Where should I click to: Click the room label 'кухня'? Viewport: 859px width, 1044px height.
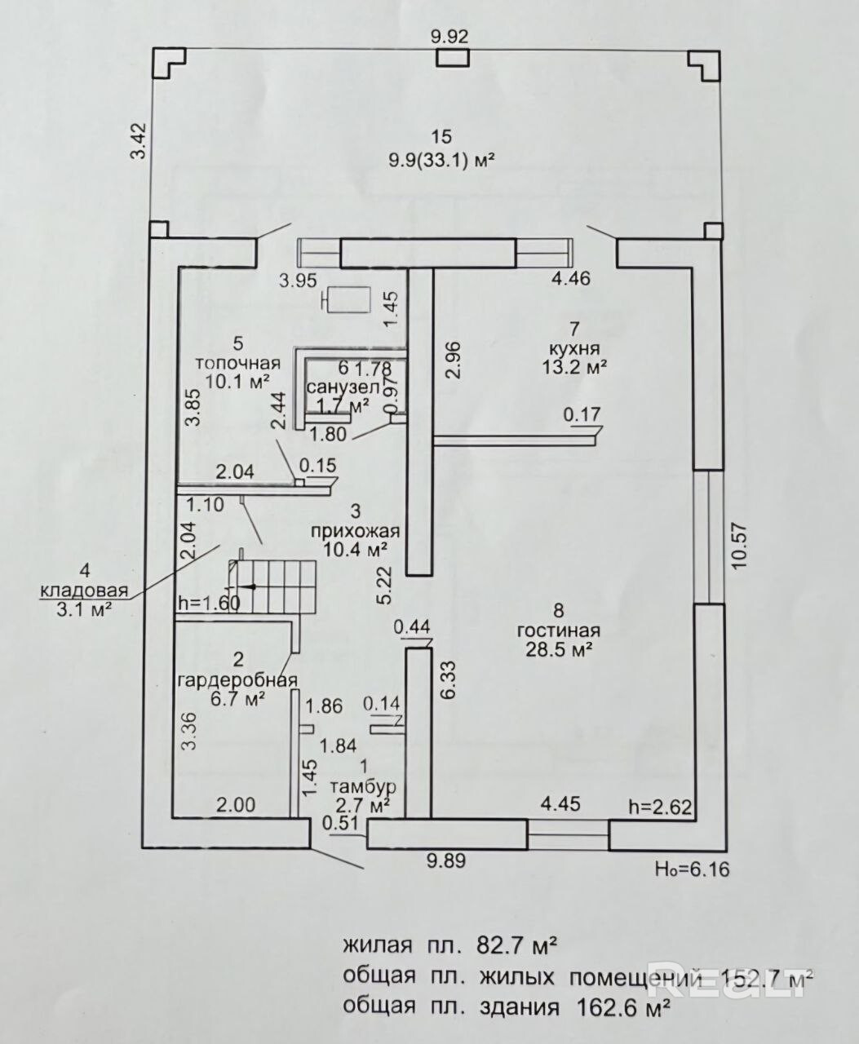coord(575,348)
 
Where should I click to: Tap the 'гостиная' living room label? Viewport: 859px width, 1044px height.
coord(559,630)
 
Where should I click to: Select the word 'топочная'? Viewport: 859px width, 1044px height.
coord(237,364)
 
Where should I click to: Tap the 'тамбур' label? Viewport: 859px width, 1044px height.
coord(363,787)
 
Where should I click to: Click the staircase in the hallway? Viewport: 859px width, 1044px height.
coord(274,586)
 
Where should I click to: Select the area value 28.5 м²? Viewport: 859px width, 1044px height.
coord(559,649)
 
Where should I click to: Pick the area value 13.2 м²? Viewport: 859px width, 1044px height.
coord(575,367)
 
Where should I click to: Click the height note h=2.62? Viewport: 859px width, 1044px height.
coord(661,807)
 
